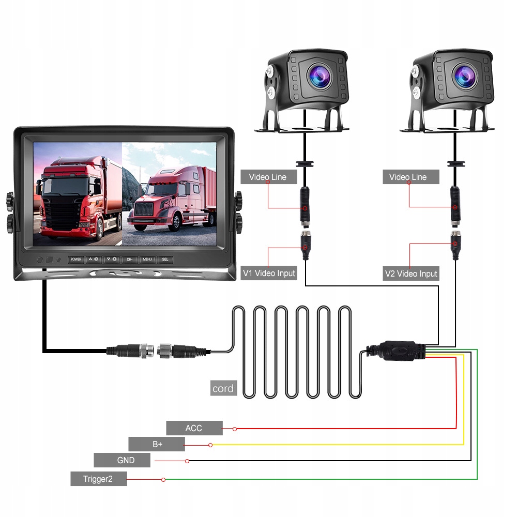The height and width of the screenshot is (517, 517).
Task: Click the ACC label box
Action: click(194, 428)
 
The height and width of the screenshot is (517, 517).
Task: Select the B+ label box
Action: click(157, 444)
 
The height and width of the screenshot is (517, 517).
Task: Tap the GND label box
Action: click(122, 460)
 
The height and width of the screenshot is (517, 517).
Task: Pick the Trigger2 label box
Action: click(98, 479)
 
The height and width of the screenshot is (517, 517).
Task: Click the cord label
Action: click(223, 388)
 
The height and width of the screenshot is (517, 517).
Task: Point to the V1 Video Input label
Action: click(269, 273)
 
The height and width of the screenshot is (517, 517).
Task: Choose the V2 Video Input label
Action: click(411, 274)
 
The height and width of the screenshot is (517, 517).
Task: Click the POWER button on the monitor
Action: click(76, 260)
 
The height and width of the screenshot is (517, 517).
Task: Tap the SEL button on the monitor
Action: click(165, 260)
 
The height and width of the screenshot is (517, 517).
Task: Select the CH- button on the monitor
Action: click(129, 260)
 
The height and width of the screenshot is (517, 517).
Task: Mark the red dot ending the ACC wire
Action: click(235, 429)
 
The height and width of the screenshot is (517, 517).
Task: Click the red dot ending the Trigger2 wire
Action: click(163, 480)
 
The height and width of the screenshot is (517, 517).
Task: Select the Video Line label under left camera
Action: click(267, 177)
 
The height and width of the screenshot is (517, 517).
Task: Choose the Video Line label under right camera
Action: click(408, 177)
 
